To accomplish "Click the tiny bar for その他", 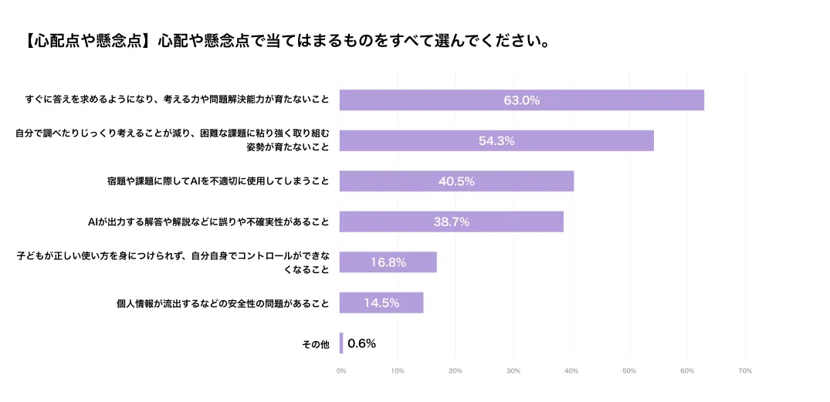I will (x=341, y=343).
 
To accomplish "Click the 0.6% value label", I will (x=361, y=343).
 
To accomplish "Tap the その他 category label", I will (x=315, y=344).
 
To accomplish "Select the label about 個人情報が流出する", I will (x=222, y=303).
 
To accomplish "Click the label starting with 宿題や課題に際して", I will (x=219, y=182).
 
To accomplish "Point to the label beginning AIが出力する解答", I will (x=208, y=222).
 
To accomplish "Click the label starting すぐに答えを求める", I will (x=177, y=100).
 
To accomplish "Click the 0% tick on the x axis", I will (x=341, y=371).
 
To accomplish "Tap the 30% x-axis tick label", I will (x=513, y=371).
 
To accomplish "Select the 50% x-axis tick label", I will (x=629, y=371).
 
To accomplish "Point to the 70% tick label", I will (x=745, y=371).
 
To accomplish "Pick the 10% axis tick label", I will (x=398, y=371).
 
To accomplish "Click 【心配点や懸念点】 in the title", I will (x=85, y=41).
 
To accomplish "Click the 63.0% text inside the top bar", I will (x=522, y=100).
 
